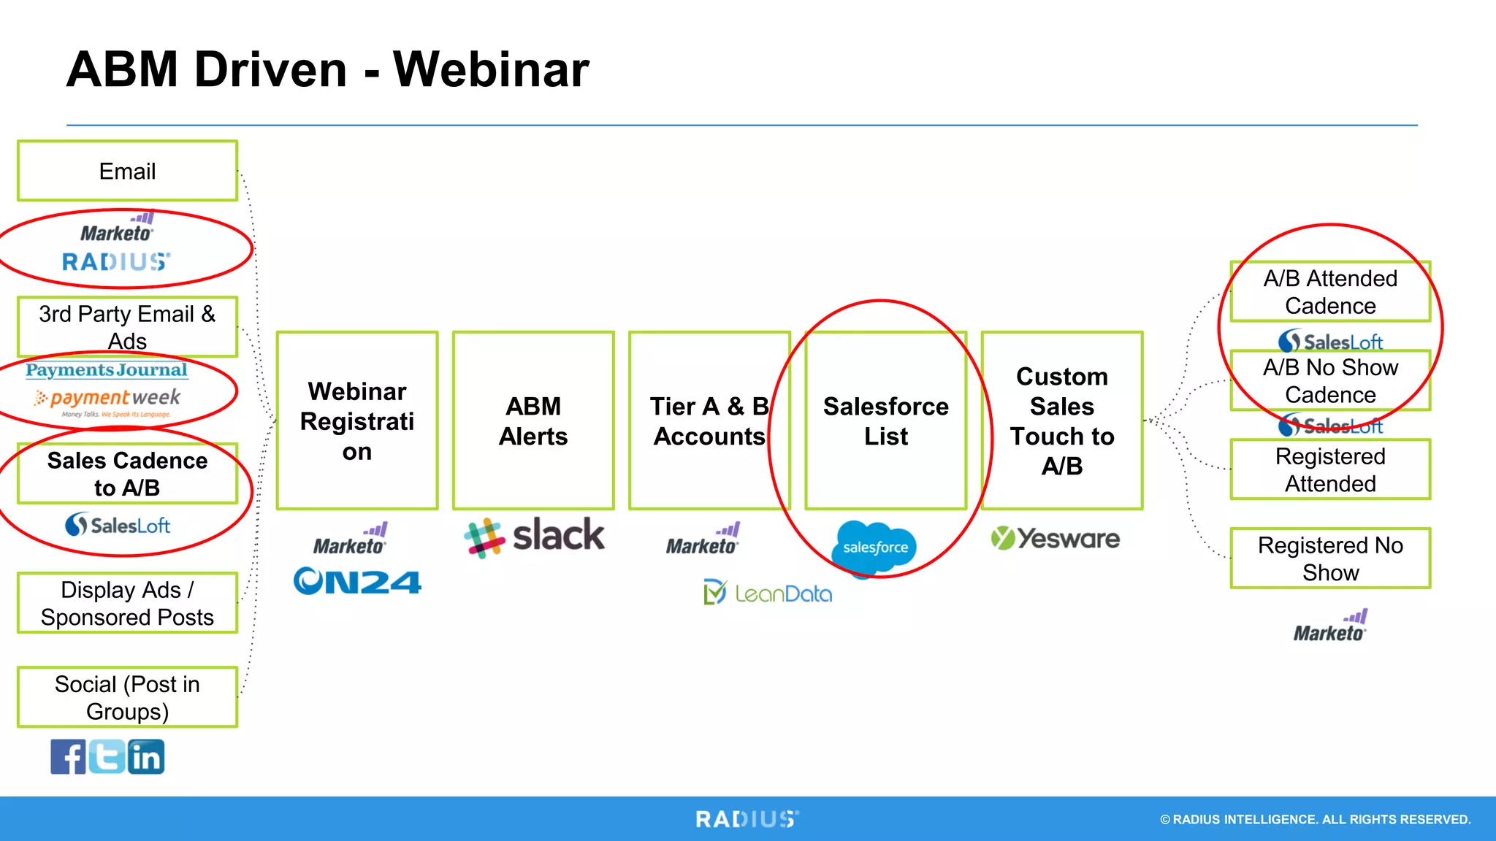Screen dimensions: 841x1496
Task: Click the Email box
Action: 127,171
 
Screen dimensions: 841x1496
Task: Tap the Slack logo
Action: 535,537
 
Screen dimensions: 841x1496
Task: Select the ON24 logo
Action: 357,582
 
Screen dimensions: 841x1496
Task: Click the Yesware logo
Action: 1055,539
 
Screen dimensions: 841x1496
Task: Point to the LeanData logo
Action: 768,593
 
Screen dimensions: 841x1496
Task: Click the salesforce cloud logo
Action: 874,548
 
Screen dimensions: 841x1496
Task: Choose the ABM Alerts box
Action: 533,420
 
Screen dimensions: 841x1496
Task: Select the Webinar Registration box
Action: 357,420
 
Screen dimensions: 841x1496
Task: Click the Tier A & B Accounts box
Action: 709,420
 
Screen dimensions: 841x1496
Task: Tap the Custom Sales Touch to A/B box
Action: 1062,420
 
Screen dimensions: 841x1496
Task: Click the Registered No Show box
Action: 1330,558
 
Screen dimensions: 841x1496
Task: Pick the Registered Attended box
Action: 1330,469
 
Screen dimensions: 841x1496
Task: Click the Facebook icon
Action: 68,756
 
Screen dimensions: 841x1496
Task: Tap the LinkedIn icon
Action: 146,756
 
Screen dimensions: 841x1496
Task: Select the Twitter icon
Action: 107,756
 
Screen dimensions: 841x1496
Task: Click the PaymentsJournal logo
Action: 107,370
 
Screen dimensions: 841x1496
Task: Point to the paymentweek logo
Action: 107,399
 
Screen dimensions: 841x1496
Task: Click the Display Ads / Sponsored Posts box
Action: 127,603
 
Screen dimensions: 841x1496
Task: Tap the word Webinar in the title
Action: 491,70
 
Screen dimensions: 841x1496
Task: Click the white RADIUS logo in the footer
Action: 747,819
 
